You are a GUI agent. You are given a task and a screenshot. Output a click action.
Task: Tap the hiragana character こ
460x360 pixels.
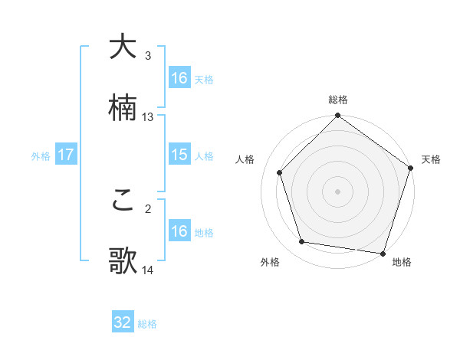click(x=123, y=200)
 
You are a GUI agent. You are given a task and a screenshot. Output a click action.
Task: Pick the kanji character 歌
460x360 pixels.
click(x=123, y=260)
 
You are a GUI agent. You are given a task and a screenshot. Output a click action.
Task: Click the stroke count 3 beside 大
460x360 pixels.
click(x=148, y=56)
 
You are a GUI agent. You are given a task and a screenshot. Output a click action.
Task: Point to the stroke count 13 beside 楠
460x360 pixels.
click(x=148, y=117)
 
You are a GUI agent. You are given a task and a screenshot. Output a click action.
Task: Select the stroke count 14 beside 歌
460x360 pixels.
click(x=148, y=270)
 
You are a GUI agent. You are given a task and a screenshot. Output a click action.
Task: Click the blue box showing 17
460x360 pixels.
click(x=66, y=155)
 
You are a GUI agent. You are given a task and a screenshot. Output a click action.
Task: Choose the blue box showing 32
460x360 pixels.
click(x=123, y=322)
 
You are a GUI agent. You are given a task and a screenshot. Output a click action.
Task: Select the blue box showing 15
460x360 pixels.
click(x=179, y=155)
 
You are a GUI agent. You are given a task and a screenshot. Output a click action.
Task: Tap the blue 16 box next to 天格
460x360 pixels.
click(x=179, y=78)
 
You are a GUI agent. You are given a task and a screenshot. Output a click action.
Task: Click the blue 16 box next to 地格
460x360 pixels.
click(x=179, y=231)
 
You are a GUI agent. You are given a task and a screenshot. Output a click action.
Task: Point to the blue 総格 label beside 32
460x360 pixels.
click(x=147, y=324)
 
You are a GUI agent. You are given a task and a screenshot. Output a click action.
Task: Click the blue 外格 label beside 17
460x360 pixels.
click(x=41, y=156)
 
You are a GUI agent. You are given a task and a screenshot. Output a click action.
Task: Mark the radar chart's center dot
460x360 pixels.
click(x=337, y=191)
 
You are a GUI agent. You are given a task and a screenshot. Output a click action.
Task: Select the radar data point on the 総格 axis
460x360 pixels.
click(x=337, y=116)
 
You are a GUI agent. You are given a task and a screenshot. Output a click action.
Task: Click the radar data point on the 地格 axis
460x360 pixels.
click(x=383, y=253)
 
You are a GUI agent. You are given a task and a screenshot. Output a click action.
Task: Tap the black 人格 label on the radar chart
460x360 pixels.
click(x=246, y=160)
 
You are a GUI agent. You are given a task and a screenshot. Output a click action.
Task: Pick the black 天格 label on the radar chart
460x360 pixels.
click(x=431, y=160)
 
